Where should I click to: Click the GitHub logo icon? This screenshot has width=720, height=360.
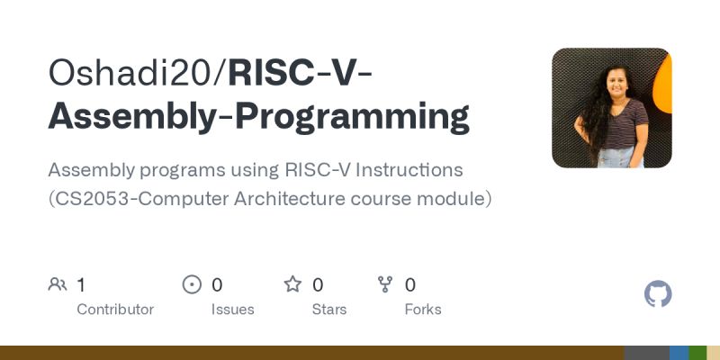659,294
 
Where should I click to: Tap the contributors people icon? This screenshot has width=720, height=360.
58,285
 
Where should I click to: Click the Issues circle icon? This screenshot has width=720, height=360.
192,285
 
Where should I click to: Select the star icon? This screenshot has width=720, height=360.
292,285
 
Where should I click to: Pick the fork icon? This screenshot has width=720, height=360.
385,285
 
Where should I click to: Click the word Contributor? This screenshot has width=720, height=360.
115,310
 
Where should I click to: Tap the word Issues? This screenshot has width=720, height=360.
232,310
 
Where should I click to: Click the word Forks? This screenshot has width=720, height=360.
423,310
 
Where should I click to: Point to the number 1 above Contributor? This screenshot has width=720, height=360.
81,285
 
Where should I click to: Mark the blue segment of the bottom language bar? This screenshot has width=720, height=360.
679,353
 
